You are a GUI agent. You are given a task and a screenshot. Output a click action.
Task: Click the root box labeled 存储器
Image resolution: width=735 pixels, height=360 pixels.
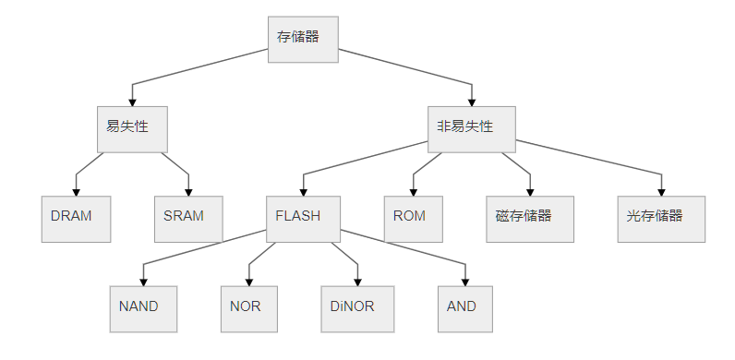303,39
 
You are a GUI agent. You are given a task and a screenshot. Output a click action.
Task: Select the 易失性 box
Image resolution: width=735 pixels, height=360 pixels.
131,129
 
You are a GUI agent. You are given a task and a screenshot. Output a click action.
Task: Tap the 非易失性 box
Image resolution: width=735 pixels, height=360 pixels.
471,129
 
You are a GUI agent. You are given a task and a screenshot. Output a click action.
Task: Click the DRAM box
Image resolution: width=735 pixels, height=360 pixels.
76,219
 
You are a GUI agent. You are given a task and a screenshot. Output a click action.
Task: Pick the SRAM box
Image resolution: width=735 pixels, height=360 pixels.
188,219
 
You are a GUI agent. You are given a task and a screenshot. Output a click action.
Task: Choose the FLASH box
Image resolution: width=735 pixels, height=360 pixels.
303,219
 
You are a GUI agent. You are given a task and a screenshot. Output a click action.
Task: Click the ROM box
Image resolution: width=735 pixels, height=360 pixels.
414,219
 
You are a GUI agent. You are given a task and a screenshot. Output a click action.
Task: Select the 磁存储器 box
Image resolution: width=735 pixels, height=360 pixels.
530,219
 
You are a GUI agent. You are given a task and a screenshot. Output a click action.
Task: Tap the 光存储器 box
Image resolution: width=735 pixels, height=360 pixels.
661,219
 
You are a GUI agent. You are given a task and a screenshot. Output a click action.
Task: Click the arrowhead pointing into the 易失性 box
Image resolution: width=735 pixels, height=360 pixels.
132,101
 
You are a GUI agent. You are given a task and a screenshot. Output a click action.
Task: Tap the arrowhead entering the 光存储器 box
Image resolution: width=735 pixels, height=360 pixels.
661,190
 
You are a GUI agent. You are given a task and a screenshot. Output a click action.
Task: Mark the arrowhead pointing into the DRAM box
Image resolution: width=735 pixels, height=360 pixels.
76,190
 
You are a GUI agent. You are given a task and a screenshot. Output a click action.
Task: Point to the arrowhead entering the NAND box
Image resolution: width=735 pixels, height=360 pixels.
143,280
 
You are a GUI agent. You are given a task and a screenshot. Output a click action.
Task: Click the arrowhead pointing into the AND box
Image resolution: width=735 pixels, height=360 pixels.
465,280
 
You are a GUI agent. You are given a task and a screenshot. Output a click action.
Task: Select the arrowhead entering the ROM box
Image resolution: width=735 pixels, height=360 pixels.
414,190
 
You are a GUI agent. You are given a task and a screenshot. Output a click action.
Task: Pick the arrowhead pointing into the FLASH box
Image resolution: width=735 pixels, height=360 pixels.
303,190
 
